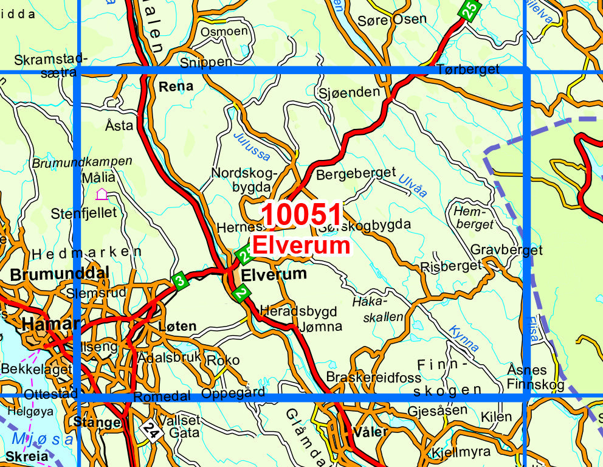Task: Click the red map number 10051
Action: [303, 215]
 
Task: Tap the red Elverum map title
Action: [301, 245]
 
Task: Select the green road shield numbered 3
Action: [179, 281]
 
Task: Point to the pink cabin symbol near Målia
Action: [102, 194]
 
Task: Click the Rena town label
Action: [176, 86]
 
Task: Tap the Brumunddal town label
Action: [59, 273]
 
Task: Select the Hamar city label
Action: [50, 323]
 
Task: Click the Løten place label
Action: [177, 326]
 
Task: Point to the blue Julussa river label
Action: [252, 146]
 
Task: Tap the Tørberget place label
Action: [467, 69]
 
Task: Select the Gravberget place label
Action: [506, 250]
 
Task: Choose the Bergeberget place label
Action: [356, 173]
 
